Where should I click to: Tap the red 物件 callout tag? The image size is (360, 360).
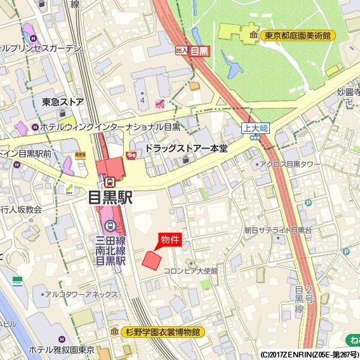pyautogui.click(x=170, y=240)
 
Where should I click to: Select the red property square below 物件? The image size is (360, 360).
pyautogui.click(x=151, y=260)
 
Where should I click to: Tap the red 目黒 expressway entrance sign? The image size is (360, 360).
pyautogui.click(x=199, y=51)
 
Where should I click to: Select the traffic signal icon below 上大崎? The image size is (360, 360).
pyautogui.click(x=255, y=137)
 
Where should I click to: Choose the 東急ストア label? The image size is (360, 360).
pyautogui.click(x=63, y=102)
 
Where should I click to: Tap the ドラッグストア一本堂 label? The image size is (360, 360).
pyautogui.click(x=186, y=148)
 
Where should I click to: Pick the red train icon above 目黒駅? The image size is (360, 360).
pyautogui.click(x=110, y=182)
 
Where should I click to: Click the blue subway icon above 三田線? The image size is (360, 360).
pyautogui.click(x=110, y=225)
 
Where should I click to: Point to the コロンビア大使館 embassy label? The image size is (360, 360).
pyautogui.click(x=190, y=271)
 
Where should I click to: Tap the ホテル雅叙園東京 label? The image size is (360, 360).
pyautogui.click(x=61, y=349)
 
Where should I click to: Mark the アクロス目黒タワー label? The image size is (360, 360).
pyautogui.click(x=288, y=164)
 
